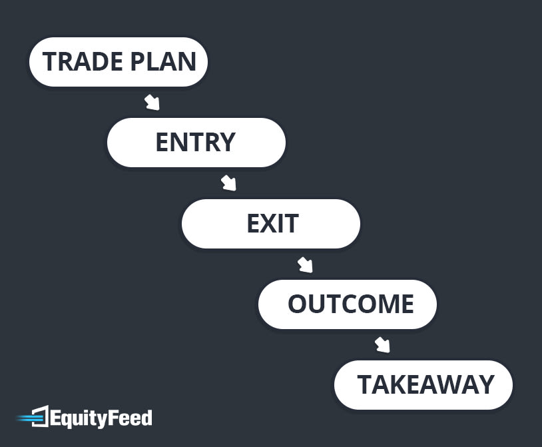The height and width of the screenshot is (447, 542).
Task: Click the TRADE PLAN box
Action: (119, 62)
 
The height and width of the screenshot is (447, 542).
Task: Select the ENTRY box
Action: (196, 143)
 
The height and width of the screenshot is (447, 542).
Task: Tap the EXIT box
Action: (271, 224)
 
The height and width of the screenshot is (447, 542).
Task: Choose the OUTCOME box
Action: (348, 304)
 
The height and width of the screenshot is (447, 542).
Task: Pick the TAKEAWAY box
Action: (423, 385)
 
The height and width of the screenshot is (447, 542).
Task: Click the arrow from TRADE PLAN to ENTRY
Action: (152, 103)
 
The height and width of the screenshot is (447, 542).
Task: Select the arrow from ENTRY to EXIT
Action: (228, 183)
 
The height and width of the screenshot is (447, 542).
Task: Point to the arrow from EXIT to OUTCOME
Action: (305, 264)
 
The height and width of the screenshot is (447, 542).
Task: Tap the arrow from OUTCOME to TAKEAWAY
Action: (382, 345)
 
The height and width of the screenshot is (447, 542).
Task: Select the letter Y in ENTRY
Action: (227, 143)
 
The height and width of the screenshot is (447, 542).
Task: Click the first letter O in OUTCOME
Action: (298, 304)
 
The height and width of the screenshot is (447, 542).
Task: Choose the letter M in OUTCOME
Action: (386, 304)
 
